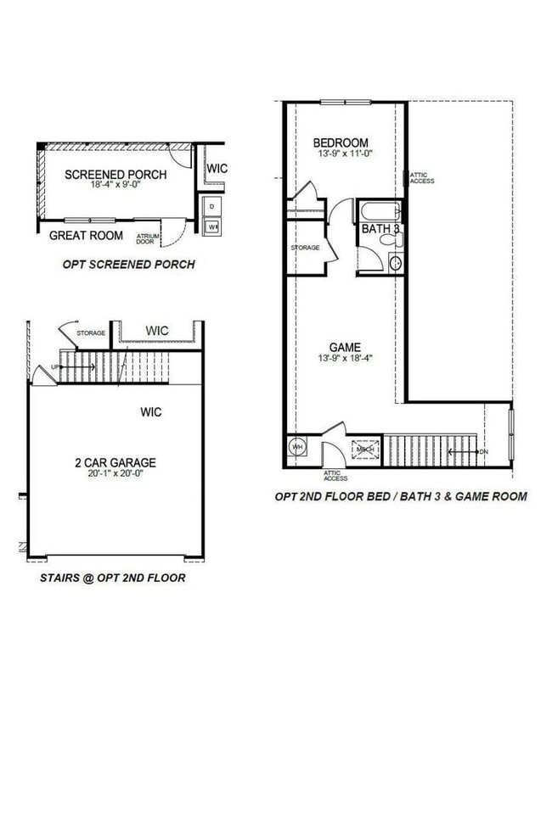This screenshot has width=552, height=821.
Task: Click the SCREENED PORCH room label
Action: click(x=115, y=175)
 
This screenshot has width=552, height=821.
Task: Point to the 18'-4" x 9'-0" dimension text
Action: click(x=115, y=187)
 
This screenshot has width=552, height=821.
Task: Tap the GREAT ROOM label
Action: click(x=86, y=236)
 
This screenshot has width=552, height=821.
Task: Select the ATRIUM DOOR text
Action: click(x=147, y=239)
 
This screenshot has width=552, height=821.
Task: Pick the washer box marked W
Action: click(x=212, y=226)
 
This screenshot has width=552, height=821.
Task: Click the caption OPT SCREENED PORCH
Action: click(x=128, y=265)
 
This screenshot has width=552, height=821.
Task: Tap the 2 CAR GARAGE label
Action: click(x=114, y=463)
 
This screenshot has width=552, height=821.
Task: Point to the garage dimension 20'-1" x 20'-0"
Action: click(x=114, y=475)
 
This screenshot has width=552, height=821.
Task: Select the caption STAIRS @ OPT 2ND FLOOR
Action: click(x=112, y=578)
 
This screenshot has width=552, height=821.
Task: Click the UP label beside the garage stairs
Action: click(x=56, y=367)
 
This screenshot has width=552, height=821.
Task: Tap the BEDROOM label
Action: click(x=340, y=142)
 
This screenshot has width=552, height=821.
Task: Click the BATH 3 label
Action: click(x=381, y=228)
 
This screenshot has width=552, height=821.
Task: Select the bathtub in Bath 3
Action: click(x=381, y=211)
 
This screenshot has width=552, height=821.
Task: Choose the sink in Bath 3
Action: click(x=395, y=263)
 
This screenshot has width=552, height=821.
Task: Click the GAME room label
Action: click(x=346, y=348)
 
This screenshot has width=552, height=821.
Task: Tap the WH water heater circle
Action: click(x=298, y=447)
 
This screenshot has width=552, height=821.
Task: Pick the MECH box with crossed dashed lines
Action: click(x=366, y=448)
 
